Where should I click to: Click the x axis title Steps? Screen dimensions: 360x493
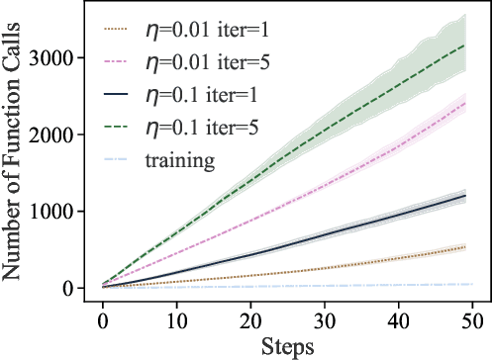pos(288,347)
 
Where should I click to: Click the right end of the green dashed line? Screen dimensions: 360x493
pos(466,45)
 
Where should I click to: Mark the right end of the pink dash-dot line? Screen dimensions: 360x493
pos(466,104)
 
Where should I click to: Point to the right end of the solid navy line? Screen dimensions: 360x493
pos(466,196)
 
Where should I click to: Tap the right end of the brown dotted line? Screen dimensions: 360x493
pos(466,247)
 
